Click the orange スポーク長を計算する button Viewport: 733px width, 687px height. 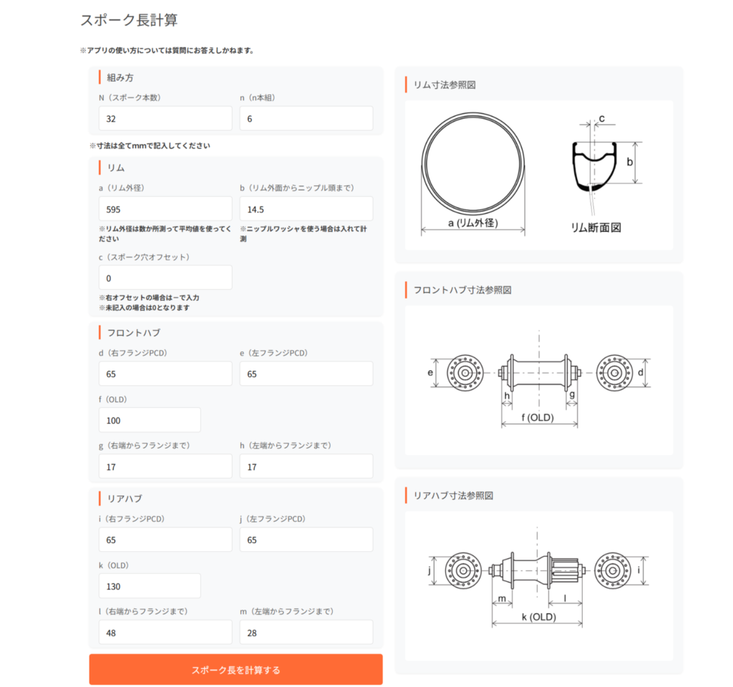click(236, 669)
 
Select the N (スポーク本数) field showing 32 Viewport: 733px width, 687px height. click(165, 118)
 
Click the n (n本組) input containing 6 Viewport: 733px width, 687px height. click(306, 118)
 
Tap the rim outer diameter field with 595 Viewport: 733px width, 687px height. click(165, 209)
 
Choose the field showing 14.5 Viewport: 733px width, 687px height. click(306, 209)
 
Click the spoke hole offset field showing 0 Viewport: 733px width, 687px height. click(165, 278)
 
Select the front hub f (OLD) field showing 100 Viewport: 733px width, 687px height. click(150, 419)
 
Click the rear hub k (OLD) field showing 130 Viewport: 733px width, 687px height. click(150, 585)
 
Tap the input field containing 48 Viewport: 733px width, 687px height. click(165, 632)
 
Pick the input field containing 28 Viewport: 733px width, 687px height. click(306, 632)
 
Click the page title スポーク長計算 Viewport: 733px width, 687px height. click(129, 20)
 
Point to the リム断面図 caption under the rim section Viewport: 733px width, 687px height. click(596, 228)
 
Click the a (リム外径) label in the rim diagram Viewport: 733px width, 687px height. click(473, 223)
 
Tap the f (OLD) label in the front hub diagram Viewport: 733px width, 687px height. click(538, 417)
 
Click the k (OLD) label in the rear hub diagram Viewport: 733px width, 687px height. click(539, 617)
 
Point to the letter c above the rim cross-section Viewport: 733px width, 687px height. click(601, 119)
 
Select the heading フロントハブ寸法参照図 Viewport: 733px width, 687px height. click(462, 290)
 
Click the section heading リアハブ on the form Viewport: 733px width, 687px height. click(125, 498)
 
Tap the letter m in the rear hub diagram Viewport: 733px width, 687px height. click(502, 599)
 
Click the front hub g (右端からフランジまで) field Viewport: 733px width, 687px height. click(165, 466)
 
